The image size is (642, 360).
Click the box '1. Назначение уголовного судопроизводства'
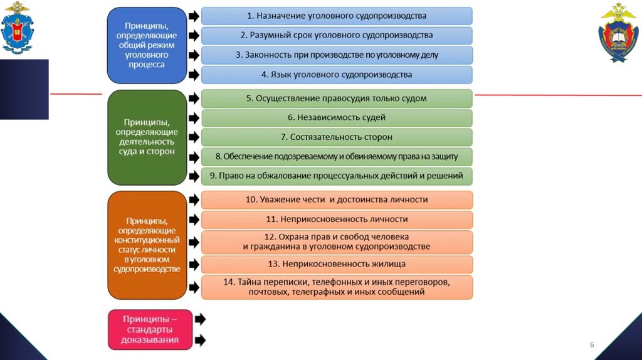(337, 16)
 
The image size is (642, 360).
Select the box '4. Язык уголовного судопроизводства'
(337, 75)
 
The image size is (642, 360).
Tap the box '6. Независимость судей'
(337, 117)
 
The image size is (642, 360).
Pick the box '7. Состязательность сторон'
(337, 137)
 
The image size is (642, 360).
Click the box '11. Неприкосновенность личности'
(337, 219)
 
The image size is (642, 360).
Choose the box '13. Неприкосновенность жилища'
(337, 264)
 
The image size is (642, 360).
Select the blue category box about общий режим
(147, 45)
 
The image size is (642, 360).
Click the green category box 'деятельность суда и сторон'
(147, 137)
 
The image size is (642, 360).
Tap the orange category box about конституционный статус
(147, 245)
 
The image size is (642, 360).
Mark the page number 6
(591, 346)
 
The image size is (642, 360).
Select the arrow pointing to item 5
(194, 98)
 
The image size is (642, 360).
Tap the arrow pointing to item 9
(194, 176)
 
